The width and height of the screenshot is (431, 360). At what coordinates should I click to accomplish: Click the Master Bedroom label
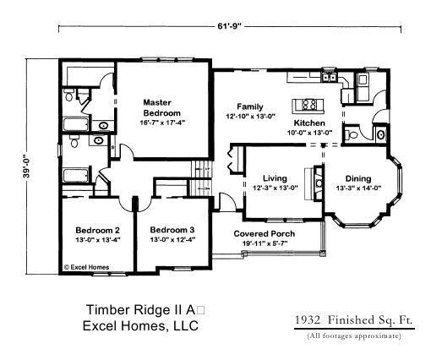coord(163,107)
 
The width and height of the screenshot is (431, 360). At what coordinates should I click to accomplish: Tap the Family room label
coord(249,106)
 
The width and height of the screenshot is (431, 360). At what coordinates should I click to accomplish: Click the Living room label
coord(275,178)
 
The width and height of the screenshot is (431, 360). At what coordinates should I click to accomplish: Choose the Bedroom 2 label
coord(97,230)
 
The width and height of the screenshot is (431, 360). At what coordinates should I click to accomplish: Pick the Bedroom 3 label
coord(172,230)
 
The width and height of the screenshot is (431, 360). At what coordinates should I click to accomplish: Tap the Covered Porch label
coord(265,233)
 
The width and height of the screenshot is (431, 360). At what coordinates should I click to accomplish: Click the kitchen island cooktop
coord(310,105)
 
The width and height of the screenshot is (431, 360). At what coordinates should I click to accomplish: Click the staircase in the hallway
coord(201,178)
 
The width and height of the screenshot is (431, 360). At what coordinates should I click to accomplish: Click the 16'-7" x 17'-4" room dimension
coord(163,123)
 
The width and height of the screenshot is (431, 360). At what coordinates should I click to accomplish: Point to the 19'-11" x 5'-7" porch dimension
coord(265,243)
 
